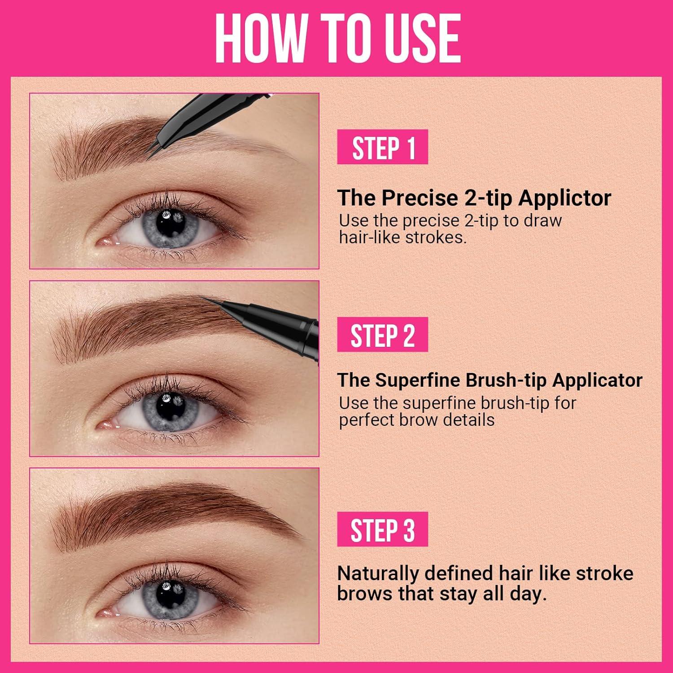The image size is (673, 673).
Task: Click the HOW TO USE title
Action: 337,38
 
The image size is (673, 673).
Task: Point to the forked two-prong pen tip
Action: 151,151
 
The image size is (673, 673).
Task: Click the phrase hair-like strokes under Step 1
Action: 402,237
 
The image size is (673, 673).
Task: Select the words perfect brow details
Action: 416,420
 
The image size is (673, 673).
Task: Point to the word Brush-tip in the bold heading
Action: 506,380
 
